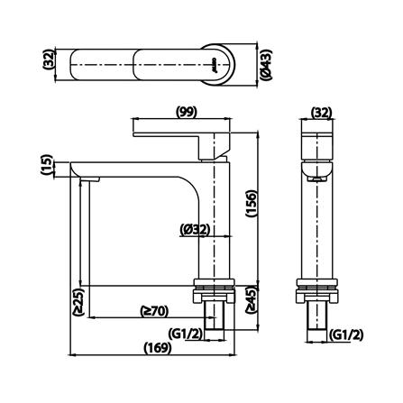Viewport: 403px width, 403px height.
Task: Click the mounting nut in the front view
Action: point(215,294)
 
